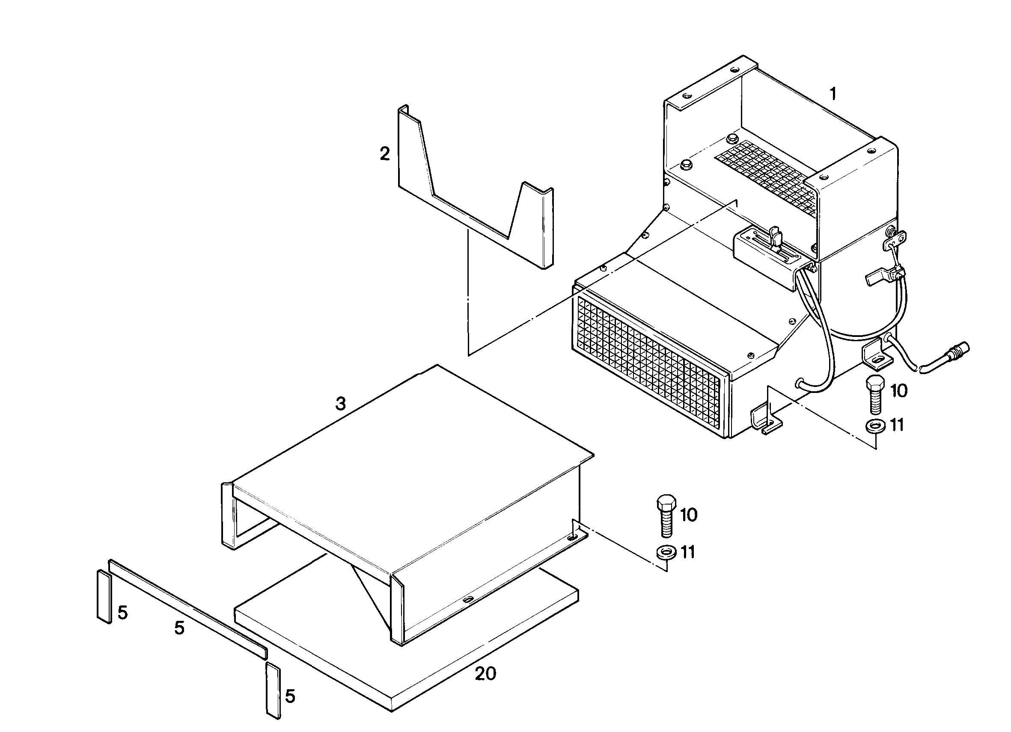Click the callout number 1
pyautogui.click(x=832, y=94)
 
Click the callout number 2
pyautogui.click(x=385, y=154)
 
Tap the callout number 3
pyautogui.click(x=341, y=404)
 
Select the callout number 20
pyautogui.click(x=485, y=674)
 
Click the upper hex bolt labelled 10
pyautogui.click(x=875, y=395)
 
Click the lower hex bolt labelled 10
pyautogui.click(x=666, y=515)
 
